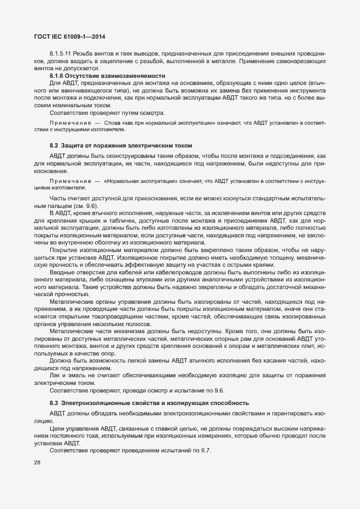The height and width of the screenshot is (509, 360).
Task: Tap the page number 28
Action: (38, 463)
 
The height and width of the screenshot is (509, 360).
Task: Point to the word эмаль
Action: (76, 376)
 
